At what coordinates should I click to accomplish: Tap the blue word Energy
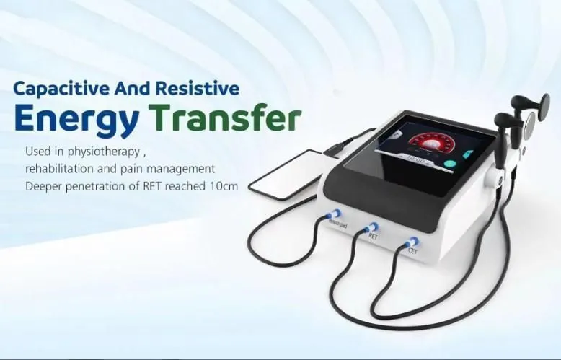click(x=75, y=119)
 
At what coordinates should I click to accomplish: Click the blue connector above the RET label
click(x=373, y=228)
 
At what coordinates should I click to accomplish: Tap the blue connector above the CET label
click(x=412, y=242)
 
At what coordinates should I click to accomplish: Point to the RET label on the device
click(x=373, y=237)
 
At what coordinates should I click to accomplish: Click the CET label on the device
click(x=412, y=252)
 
